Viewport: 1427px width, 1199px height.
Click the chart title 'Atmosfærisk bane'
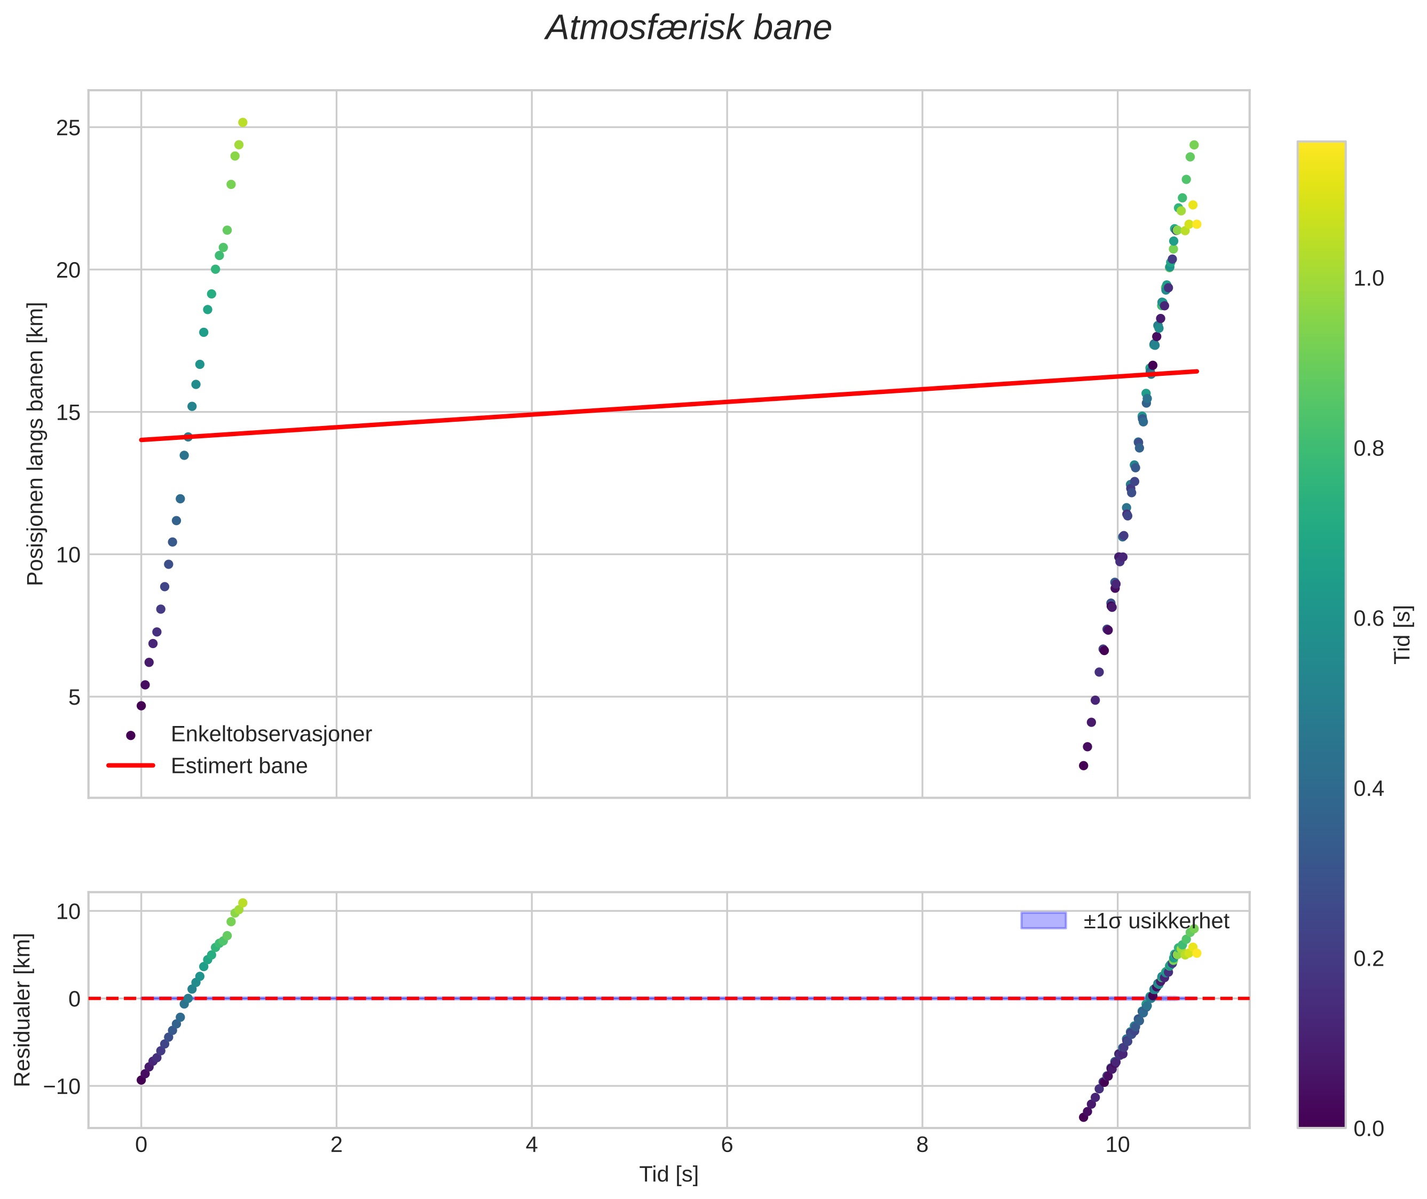(688, 28)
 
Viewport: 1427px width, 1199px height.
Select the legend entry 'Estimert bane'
(239, 766)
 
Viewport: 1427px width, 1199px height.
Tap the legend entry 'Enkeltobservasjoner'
(271, 734)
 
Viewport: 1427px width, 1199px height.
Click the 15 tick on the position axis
(68, 413)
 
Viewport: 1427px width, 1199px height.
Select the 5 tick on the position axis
(74, 697)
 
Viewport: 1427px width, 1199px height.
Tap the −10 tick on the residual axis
(61, 1087)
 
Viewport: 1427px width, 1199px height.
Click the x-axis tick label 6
(727, 1145)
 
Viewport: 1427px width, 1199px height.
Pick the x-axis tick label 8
(922, 1145)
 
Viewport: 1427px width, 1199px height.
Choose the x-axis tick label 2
(336, 1145)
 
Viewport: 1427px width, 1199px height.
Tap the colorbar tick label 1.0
(1368, 279)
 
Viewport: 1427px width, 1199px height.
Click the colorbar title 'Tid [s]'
(1402, 634)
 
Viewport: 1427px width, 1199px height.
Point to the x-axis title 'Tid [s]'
(668, 1174)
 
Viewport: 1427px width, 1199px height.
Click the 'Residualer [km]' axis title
(22, 1009)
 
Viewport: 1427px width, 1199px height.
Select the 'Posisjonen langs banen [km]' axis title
(35, 444)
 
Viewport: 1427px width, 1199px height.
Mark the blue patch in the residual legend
(1043, 920)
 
